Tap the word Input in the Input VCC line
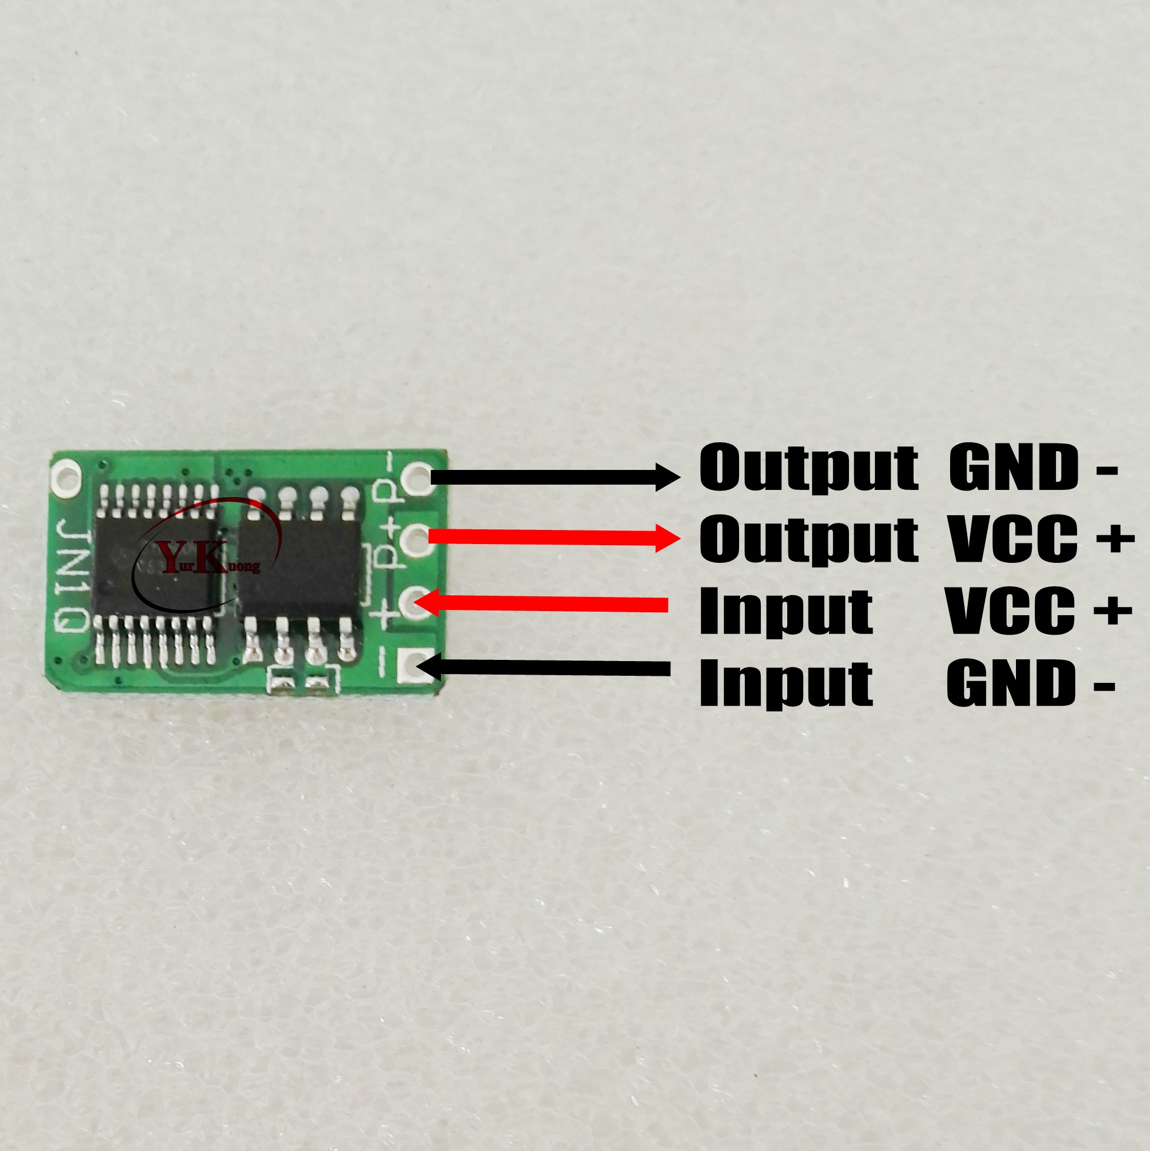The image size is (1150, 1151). click(x=785, y=612)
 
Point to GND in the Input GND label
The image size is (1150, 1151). click(x=1011, y=683)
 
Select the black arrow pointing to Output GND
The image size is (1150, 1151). click(x=554, y=477)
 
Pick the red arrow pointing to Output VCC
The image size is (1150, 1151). click(x=554, y=538)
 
